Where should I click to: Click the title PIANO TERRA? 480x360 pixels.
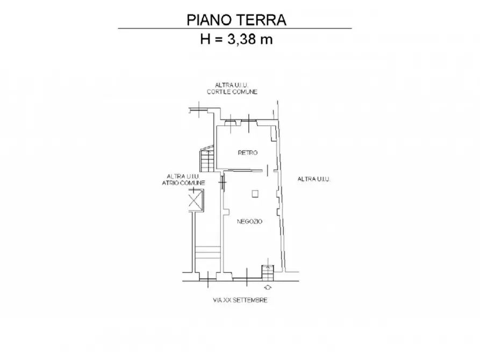click(x=236, y=20)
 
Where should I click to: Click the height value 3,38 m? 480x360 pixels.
click(x=250, y=39)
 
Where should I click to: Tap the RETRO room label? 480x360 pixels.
click(x=248, y=153)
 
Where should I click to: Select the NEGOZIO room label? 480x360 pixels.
click(x=249, y=221)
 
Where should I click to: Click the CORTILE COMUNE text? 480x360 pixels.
click(x=233, y=92)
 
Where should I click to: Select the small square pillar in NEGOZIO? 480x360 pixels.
click(x=256, y=193)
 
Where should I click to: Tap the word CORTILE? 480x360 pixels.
click(x=219, y=92)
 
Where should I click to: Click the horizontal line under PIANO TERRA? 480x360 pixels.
click(x=234, y=28)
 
